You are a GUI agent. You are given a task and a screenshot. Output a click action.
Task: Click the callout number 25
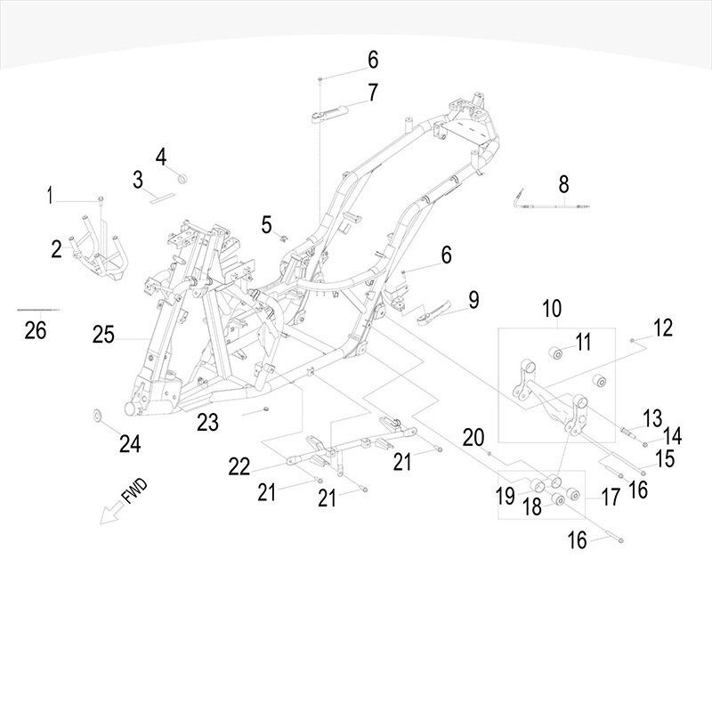coord(103,336)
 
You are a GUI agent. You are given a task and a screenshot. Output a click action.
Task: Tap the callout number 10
coord(552,309)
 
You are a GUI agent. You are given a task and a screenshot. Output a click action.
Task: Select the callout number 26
coord(35,331)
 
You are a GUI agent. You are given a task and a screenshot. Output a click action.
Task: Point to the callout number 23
coord(207,423)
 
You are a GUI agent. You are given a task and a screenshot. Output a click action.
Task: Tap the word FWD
coord(133,493)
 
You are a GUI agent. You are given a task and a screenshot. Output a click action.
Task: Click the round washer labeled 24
coord(97,415)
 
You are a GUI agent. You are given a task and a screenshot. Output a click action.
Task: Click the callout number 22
coord(239,466)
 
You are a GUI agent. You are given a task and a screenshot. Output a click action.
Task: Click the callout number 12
coord(662,328)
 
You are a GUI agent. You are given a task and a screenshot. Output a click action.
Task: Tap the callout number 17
coord(610,497)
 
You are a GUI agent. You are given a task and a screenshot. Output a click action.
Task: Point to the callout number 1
coord(51,194)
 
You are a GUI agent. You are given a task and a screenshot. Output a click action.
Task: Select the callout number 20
coord(473,436)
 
